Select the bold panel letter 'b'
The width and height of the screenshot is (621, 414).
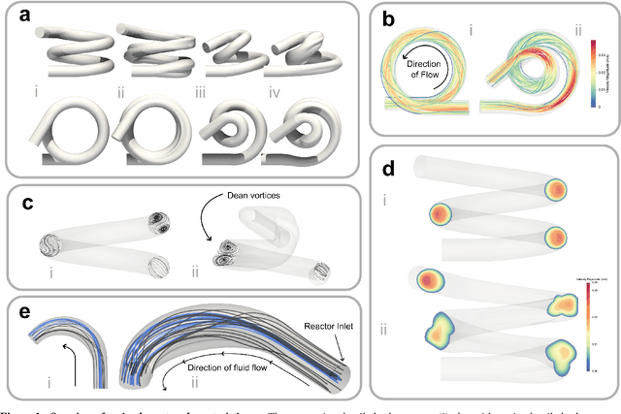(388, 18)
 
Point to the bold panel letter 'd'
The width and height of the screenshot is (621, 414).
(388, 166)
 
